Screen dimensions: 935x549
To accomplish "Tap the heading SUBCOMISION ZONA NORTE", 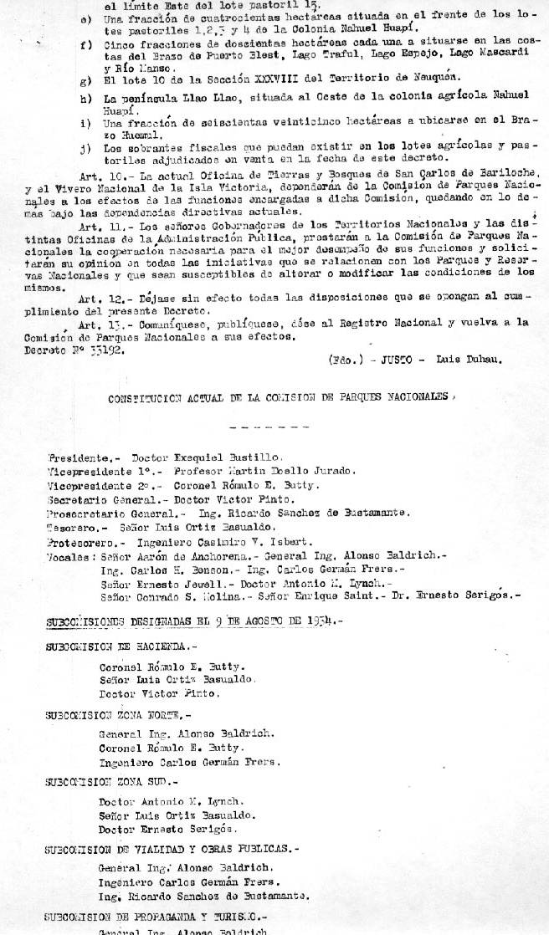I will [x=118, y=715].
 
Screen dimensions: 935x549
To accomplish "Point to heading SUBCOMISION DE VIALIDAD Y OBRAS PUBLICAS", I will [x=171, y=848].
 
